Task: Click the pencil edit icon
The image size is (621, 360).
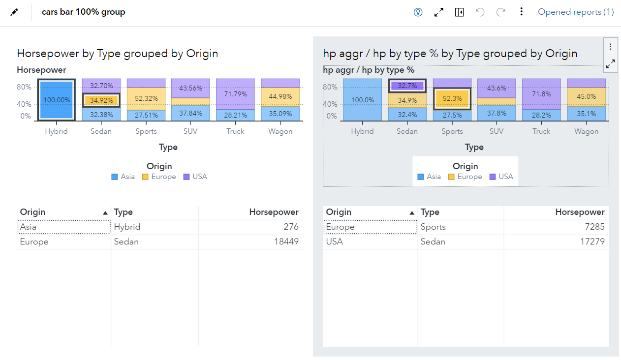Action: [x=14, y=12]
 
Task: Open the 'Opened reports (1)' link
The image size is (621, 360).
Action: [x=576, y=12]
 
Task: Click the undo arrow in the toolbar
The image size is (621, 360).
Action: [x=480, y=12]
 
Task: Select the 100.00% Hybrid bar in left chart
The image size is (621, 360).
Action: [x=56, y=100]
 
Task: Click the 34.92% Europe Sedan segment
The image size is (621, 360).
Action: [x=101, y=100]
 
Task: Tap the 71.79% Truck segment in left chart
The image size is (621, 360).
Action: [x=235, y=94]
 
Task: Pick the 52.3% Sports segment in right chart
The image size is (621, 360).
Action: [x=452, y=98]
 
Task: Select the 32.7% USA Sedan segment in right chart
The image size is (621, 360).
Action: [x=407, y=86]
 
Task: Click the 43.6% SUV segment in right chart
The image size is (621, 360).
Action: [x=497, y=88]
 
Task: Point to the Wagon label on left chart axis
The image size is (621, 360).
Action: [x=280, y=131]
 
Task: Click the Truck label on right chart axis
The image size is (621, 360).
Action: [x=541, y=131]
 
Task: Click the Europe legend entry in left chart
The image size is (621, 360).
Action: [x=159, y=177]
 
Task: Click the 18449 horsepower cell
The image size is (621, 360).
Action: [x=286, y=241]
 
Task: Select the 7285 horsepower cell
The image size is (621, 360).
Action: [x=593, y=227]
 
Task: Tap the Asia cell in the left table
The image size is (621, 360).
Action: [x=28, y=227]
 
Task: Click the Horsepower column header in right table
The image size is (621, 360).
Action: [x=580, y=212]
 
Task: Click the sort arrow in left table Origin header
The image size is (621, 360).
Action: [x=105, y=213]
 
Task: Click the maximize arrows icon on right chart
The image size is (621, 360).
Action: [x=610, y=63]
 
